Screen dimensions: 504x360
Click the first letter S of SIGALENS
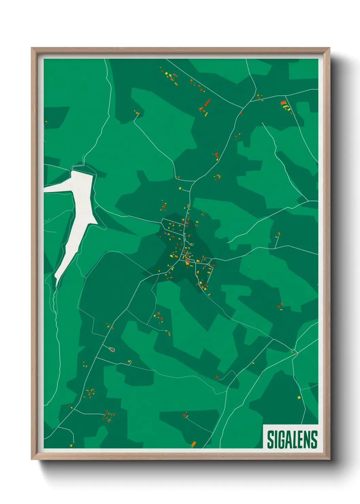coord(270,440)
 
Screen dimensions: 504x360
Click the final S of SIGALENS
coord(314,440)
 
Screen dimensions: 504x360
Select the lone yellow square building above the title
coord(299,397)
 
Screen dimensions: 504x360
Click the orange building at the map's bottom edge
coord(194,444)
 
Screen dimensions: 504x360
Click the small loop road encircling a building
coord(111,349)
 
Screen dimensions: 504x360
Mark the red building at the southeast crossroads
coord(296,353)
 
